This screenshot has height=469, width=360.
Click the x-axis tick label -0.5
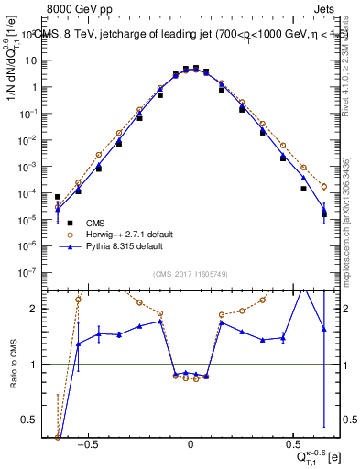click(x=87, y=442)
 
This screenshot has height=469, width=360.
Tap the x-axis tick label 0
click(x=191, y=442)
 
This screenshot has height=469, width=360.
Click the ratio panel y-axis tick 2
click(x=38, y=310)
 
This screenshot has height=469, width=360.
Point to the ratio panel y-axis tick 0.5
click(x=34, y=420)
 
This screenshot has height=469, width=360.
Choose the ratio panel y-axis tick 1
click(x=38, y=365)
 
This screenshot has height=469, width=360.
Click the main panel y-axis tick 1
click(x=38, y=87)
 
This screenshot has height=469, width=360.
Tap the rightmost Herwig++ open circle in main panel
click(x=324, y=186)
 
